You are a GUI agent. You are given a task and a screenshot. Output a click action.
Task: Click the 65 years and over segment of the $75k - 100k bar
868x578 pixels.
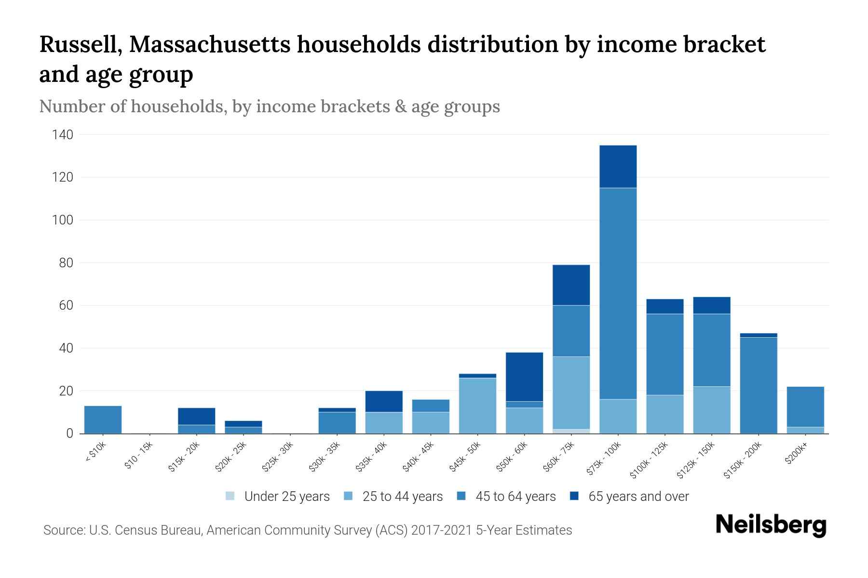(618, 166)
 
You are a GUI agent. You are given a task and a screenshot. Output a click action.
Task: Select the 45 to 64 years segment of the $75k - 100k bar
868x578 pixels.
(618, 293)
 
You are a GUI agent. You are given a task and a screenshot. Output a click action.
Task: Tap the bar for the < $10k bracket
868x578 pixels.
(103, 420)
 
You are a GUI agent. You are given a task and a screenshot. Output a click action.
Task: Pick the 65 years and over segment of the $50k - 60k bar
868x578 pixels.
(524, 377)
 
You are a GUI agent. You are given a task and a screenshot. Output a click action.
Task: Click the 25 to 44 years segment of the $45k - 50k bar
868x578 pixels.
(477, 406)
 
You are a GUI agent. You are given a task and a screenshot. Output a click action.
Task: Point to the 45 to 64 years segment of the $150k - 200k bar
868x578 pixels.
(758, 385)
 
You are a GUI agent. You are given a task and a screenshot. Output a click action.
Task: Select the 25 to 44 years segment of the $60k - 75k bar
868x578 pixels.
(571, 393)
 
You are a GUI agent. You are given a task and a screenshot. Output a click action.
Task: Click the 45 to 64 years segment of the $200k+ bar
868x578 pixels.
(805, 407)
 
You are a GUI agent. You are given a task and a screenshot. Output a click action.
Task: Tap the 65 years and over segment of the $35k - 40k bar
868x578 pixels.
(384, 401)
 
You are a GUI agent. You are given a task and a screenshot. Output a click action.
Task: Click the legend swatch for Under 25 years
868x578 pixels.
(231, 496)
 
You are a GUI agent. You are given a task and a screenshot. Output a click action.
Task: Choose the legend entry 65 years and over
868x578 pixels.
(638, 497)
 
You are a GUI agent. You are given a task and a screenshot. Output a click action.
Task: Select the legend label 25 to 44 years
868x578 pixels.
(402, 497)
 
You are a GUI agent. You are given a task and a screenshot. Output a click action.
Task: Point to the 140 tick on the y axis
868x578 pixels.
(63, 135)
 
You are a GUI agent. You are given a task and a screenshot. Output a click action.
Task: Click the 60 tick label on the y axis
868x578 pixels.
(66, 305)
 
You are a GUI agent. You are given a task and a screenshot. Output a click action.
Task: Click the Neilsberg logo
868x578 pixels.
(771, 525)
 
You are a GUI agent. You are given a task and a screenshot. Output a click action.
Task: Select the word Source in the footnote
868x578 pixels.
(63, 530)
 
